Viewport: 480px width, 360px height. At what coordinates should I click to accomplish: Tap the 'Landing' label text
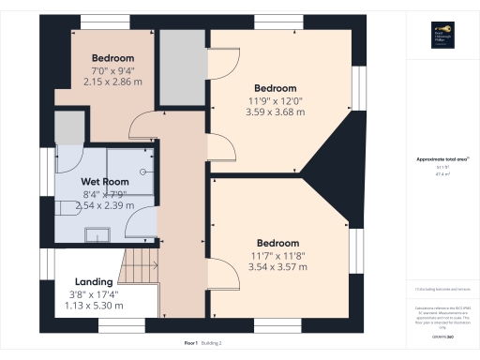pos(94,281)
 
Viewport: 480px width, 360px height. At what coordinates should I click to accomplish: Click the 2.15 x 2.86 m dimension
pos(112,82)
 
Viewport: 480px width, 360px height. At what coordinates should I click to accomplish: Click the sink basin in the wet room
pos(97,232)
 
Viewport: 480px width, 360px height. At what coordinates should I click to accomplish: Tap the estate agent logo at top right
pos(442,33)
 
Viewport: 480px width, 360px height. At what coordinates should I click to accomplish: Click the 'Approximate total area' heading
pos(441,159)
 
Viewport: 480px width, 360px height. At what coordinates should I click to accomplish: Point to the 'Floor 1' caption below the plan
pos(190,343)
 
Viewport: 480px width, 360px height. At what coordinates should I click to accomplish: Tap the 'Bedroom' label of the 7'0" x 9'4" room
pos(112,58)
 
